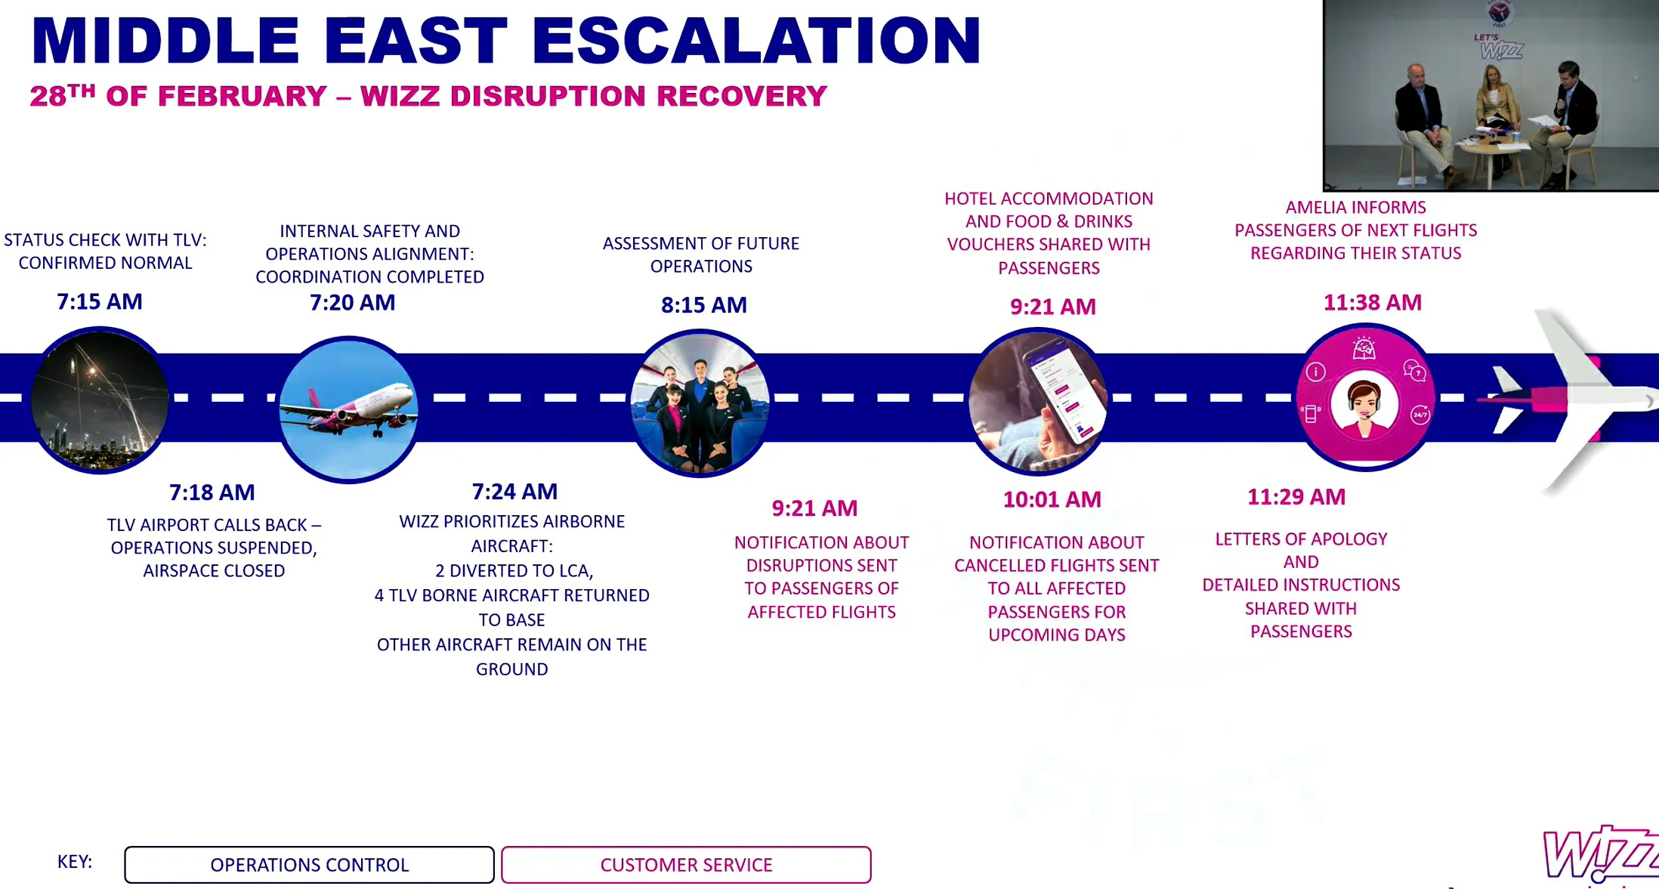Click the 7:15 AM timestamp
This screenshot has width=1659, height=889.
coord(100,301)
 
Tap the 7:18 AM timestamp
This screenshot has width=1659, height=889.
coord(212,492)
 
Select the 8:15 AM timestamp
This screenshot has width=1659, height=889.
coord(704,304)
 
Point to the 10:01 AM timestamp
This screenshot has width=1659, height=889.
coord(1052,499)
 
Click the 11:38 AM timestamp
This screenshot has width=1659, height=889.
coord(1373,302)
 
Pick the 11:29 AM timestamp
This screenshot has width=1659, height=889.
coord(1296,497)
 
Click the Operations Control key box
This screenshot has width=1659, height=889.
coord(310,865)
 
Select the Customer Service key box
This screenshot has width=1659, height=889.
coord(686,865)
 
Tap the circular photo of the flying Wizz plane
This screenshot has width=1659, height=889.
coord(348,409)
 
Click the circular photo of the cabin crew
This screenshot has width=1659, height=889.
coord(700,403)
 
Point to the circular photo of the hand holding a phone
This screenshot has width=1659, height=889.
coord(1038,401)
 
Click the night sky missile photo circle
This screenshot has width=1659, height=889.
coord(100,400)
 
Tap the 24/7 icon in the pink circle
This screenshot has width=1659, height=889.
coord(1420,415)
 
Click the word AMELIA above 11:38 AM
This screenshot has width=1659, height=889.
coord(1318,208)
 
